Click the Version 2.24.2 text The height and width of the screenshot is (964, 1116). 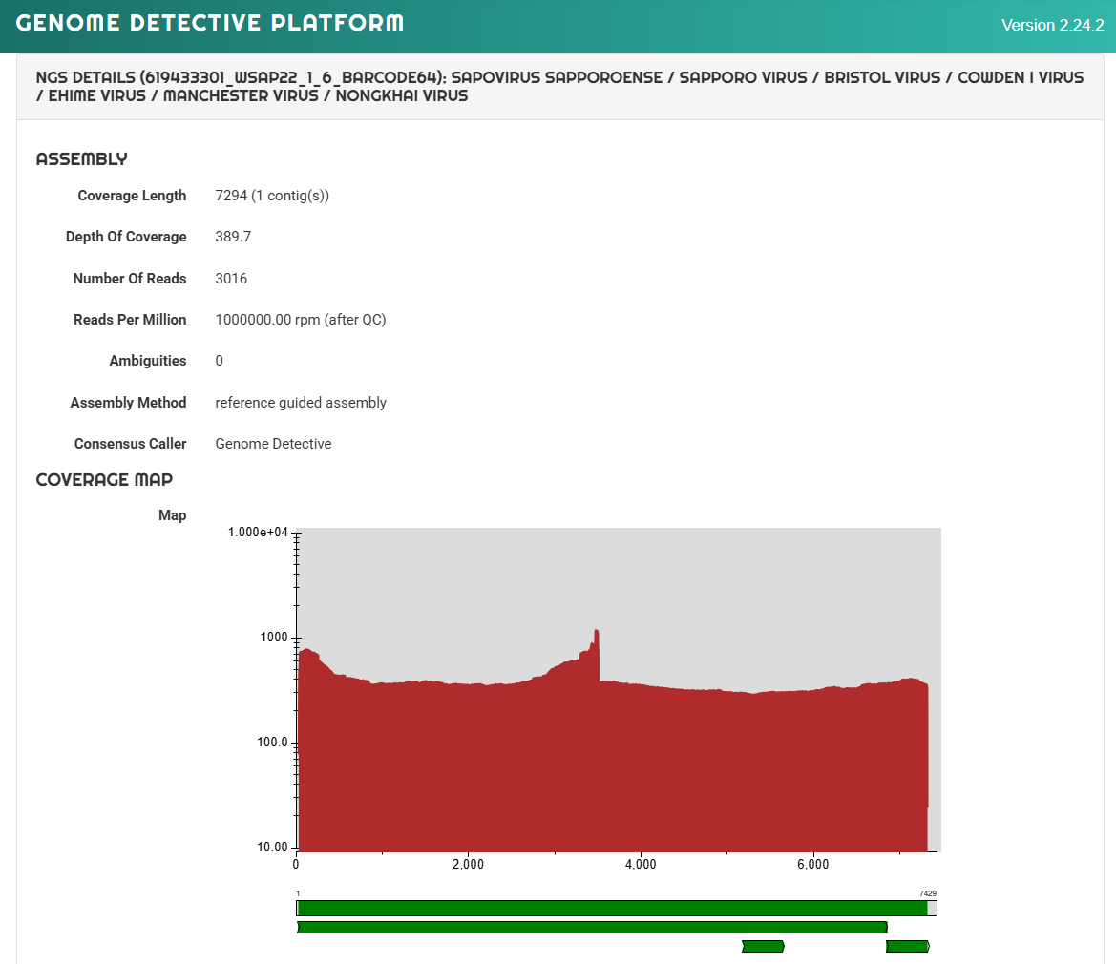pyautogui.click(x=1053, y=25)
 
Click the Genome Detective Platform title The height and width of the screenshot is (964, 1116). pyautogui.click(x=210, y=23)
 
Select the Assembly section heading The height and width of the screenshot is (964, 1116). pyautogui.click(x=82, y=158)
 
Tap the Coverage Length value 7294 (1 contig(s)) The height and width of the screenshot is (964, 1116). pyautogui.click(x=273, y=196)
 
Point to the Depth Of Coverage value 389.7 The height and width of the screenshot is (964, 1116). pyautogui.click(x=234, y=236)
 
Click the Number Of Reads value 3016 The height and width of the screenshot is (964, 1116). pyautogui.click(x=231, y=278)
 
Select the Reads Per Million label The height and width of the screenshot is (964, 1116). pyautogui.click(x=130, y=320)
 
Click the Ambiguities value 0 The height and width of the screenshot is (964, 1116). pyautogui.click(x=220, y=361)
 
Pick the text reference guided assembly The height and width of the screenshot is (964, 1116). pyautogui.click(x=301, y=403)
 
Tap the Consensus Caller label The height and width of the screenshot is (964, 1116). pyautogui.click(x=130, y=443)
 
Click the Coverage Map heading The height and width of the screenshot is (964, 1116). pyautogui.click(x=105, y=479)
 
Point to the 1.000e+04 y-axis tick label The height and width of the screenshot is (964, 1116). pyautogui.click(x=258, y=533)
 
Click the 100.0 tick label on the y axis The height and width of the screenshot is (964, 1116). pyautogui.click(x=273, y=742)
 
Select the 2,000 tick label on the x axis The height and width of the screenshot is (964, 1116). pyautogui.click(x=469, y=865)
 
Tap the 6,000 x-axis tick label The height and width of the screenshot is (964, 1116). pyautogui.click(x=812, y=865)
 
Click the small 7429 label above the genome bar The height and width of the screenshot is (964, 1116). pyautogui.click(x=928, y=893)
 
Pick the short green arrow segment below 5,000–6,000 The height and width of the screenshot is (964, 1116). pyautogui.click(x=763, y=946)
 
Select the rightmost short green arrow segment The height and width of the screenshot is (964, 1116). pyautogui.click(x=908, y=946)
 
